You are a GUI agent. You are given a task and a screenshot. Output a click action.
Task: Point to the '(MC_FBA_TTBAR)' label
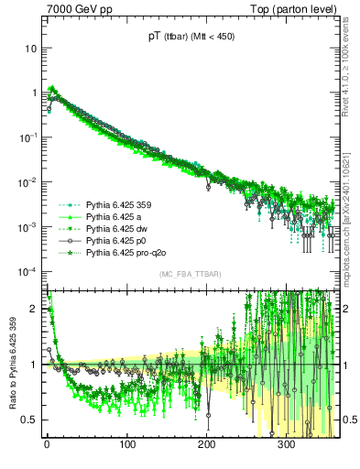click(x=188, y=275)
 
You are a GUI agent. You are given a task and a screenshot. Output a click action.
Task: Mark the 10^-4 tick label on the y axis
click(x=30, y=272)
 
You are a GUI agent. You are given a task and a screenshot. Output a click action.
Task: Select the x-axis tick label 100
click(x=127, y=445)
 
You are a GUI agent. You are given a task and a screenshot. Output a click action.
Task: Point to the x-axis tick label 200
click(x=207, y=445)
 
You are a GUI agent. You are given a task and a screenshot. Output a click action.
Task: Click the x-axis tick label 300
click(x=287, y=445)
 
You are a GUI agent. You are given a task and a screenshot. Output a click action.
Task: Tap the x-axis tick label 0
click(x=47, y=445)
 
